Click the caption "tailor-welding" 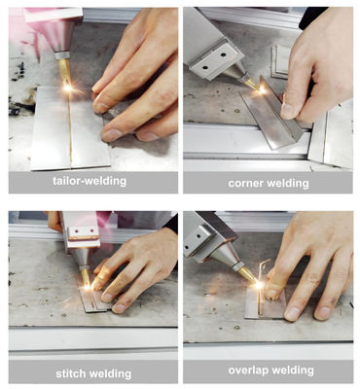[x=90, y=181]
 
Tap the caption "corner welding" [x=269, y=183]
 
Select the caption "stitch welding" [x=93, y=373]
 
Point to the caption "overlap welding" [x=271, y=371]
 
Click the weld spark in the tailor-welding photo [x=67, y=88]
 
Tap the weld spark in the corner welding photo [x=262, y=90]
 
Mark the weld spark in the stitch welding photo [x=87, y=287]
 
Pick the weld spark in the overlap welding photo [x=259, y=285]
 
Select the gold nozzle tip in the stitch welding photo [x=86, y=276]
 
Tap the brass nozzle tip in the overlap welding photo [x=248, y=274]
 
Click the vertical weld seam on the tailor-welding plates [x=69, y=129]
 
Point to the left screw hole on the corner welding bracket [x=205, y=68]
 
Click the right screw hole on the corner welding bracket [x=224, y=54]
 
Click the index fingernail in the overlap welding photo [x=291, y=313]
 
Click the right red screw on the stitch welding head [x=91, y=230]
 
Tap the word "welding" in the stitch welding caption [x=112, y=373]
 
